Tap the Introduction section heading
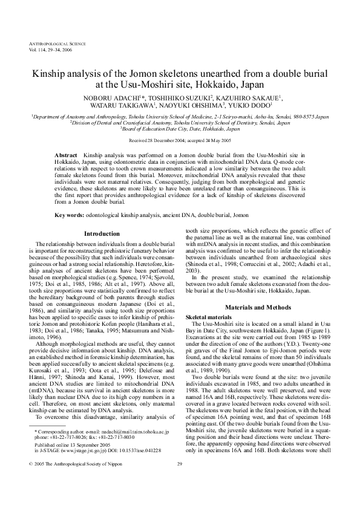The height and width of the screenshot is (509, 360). pyautogui.click(x=101, y=216)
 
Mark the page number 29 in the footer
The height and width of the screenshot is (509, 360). pyautogui.click(x=179, y=498)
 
